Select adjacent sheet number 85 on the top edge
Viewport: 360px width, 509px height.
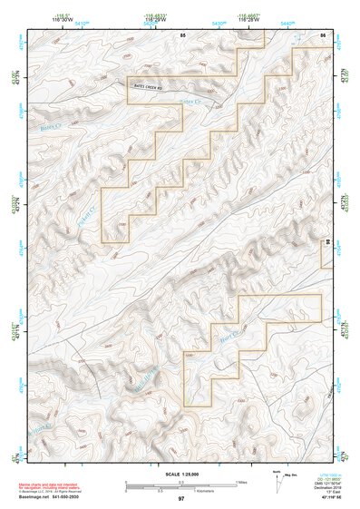[182, 34]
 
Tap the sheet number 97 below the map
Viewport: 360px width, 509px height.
[181, 499]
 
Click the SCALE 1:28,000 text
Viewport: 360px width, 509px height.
[181, 475]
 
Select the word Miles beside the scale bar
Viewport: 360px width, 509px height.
[241, 482]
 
